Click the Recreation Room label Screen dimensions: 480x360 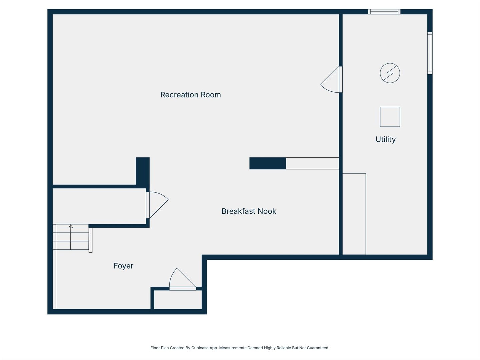(190, 95)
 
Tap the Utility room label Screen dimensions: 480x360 (386, 139)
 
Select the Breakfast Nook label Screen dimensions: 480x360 (249, 211)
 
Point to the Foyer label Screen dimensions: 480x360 (123, 266)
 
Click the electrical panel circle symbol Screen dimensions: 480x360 (390, 73)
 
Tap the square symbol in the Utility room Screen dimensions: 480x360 (390, 117)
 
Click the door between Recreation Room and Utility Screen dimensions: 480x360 (331, 80)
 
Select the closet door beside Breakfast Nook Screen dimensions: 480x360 (157, 205)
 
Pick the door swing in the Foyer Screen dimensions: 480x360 (183, 279)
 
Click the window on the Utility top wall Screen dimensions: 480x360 (384, 12)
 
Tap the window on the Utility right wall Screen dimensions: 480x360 (430, 53)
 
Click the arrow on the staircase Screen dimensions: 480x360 (71, 237)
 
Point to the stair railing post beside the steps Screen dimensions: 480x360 (90, 240)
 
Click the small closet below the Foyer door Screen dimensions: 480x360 (178, 299)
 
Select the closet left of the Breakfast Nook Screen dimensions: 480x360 (99, 206)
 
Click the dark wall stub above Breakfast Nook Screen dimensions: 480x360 (268, 163)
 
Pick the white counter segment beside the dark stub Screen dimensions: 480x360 (312, 163)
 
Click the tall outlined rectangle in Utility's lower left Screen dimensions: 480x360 (354, 214)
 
